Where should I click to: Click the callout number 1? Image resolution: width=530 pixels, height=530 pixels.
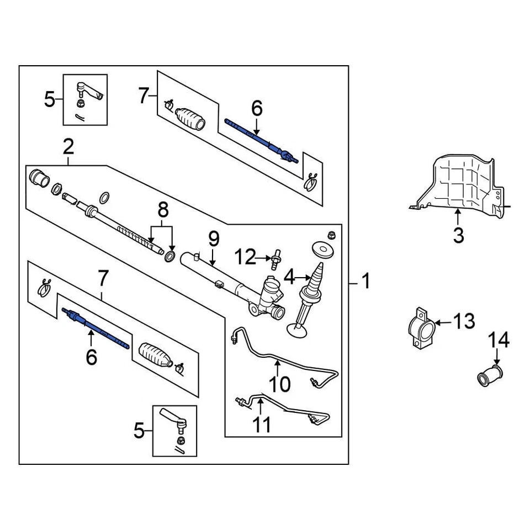click(x=365, y=283)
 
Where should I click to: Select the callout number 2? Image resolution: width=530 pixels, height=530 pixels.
click(x=68, y=147)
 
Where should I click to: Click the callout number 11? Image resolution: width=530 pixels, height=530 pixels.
click(x=262, y=425)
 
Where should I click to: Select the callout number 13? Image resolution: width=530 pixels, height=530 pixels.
click(x=464, y=321)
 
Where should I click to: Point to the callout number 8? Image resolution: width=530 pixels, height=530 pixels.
click(x=162, y=211)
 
